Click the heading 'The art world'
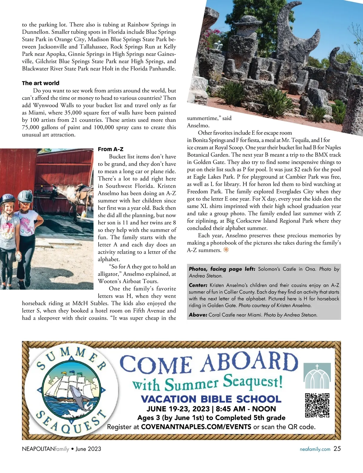(41, 83)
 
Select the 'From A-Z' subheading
(110, 149)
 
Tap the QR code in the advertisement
(317, 405)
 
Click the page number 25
(337, 449)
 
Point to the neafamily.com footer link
(315, 449)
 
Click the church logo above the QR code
(317, 376)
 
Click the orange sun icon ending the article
(226, 250)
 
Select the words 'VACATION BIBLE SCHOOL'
(211, 399)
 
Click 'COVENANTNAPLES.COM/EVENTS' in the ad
(196, 427)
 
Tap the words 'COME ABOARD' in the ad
(209, 363)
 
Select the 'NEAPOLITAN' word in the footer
(38, 449)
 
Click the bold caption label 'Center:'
(198, 285)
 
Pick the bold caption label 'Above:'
(198, 315)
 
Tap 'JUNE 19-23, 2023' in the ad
(178, 409)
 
